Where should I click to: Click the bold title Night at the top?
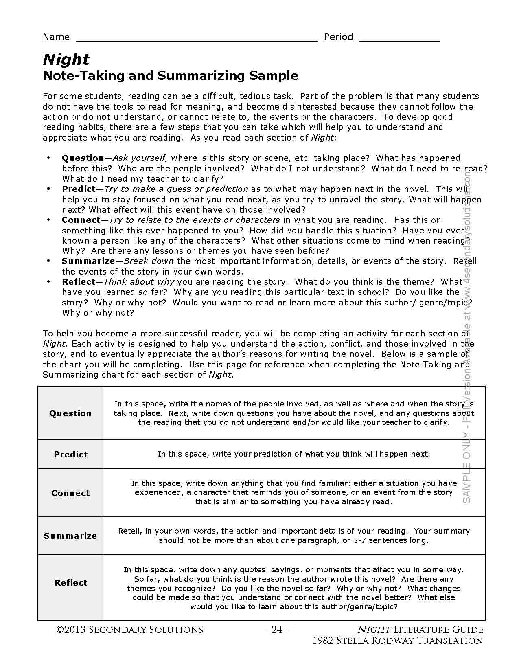coord(66,59)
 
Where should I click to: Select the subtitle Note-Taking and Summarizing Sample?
coord(171,76)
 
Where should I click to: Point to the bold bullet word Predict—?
coord(80,189)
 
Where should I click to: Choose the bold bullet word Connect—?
coord(82,220)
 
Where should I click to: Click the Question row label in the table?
coord(70,413)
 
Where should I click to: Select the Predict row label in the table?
coord(71,455)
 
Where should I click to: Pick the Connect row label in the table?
coord(70,493)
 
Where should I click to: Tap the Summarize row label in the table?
coord(70,536)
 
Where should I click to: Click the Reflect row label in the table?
coord(71,583)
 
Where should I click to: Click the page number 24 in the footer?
coord(277,630)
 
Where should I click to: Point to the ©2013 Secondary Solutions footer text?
coord(129,630)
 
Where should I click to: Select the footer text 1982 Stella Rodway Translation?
coord(397,641)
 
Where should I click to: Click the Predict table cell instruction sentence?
coord(293,454)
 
